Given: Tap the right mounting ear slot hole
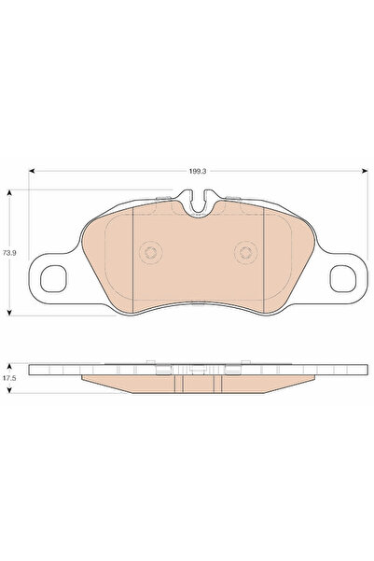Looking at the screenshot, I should [x=342, y=277].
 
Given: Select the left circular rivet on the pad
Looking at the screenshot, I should [x=149, y=252].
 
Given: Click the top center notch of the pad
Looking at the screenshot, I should [x=198, y=200].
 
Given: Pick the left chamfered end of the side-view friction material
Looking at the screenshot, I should [x=89, y=379].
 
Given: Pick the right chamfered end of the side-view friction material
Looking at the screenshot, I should [x=306, y=379].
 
